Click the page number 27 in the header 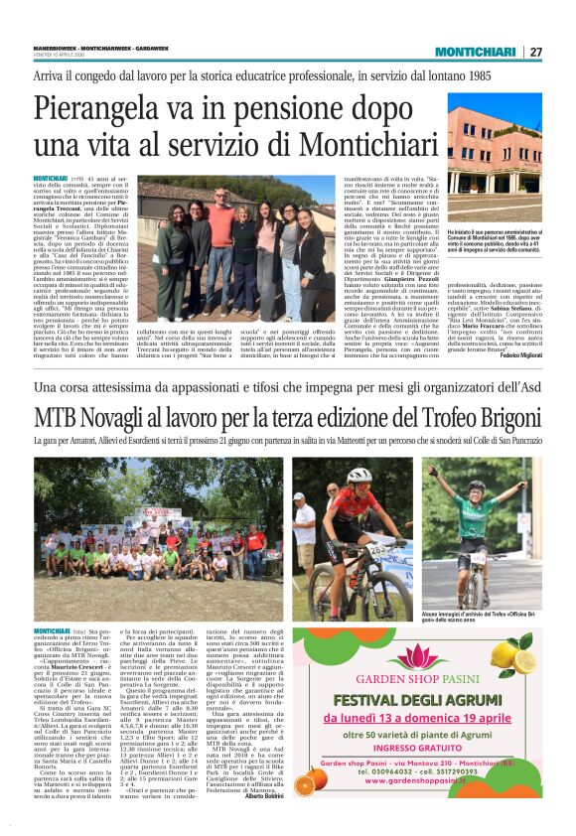(535, 52)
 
